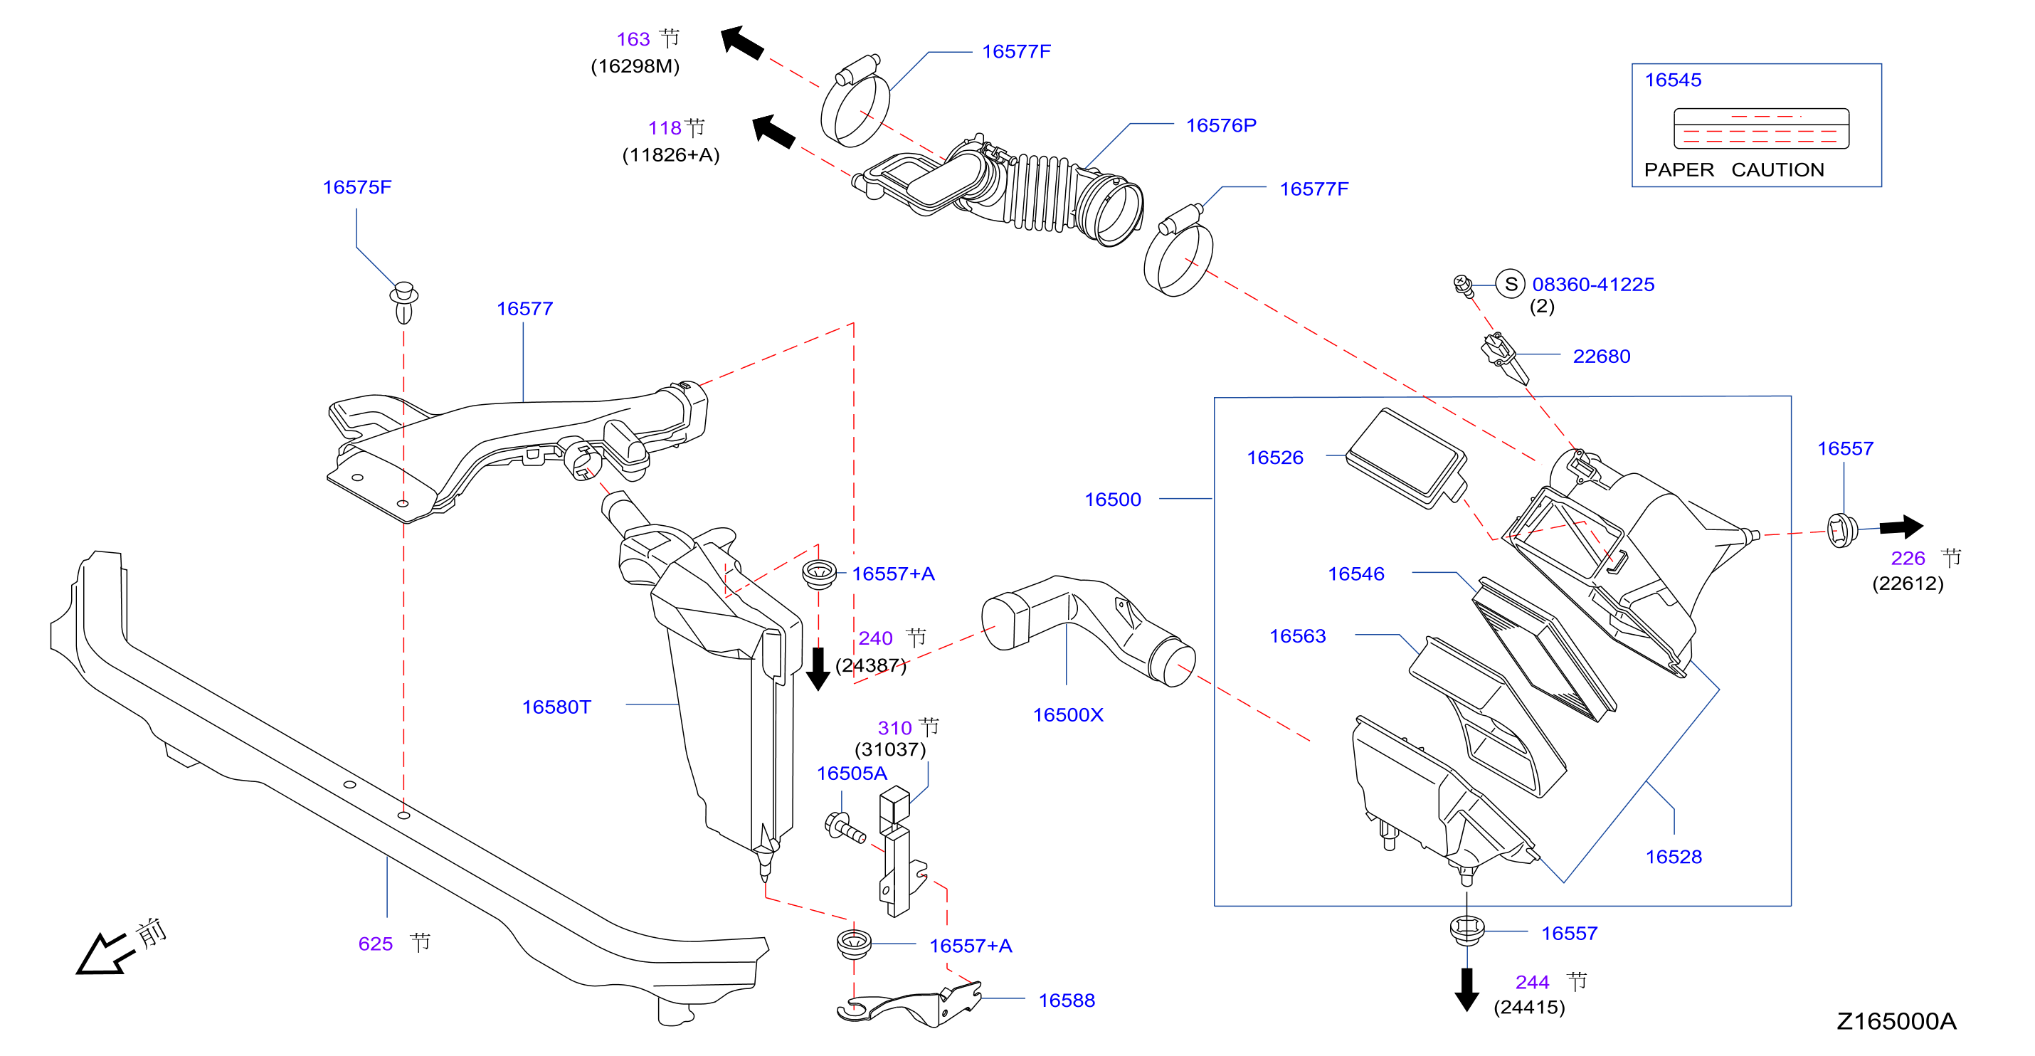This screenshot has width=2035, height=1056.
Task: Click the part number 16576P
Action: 1220,125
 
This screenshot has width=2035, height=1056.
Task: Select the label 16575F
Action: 357,187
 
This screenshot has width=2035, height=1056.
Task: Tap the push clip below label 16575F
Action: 403,302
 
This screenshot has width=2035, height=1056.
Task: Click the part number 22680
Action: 1601,357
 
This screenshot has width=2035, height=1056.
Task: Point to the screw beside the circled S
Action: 1463,286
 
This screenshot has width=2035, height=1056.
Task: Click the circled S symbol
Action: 1511,283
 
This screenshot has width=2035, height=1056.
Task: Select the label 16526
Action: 1275,458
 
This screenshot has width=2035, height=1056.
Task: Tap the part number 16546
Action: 1355,574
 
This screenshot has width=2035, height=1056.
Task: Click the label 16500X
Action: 1068,715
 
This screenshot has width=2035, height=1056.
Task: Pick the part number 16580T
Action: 556,707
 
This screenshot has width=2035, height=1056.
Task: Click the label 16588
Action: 1067,1000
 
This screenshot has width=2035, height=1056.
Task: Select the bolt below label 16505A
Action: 844,828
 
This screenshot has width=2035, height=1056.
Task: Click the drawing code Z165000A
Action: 1896,1021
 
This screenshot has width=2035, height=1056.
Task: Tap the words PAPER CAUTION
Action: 1734,170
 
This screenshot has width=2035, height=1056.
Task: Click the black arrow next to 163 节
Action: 742,42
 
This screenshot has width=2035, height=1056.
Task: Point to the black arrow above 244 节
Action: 1466,989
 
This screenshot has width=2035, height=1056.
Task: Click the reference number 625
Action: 375,944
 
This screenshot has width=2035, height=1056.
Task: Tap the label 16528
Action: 1674,857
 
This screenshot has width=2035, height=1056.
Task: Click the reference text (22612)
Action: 1907,584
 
